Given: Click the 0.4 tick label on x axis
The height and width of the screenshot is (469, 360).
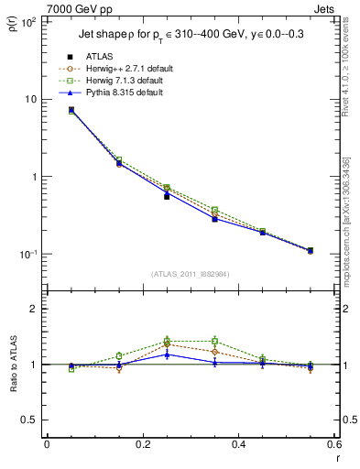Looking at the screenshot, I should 238,444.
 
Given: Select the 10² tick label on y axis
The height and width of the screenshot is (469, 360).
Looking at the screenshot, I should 30,22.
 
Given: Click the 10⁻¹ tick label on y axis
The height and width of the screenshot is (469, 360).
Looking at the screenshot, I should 30,254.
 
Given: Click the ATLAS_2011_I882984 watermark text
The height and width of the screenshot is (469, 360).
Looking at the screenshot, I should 191,274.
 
